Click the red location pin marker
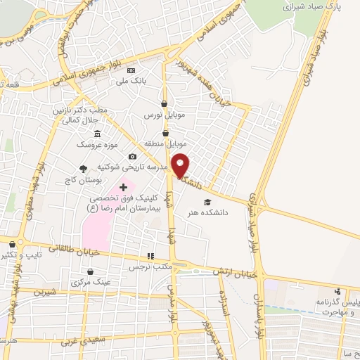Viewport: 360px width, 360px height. (181, 165)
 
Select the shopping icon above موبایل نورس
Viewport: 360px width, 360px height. (164, 103)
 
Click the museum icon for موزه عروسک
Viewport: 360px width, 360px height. (96, 134)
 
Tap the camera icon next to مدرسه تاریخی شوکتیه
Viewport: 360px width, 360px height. (132, 157)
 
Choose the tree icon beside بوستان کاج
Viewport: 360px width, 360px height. (84, 169)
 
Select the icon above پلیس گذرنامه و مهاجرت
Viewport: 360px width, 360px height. (338, 291)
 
